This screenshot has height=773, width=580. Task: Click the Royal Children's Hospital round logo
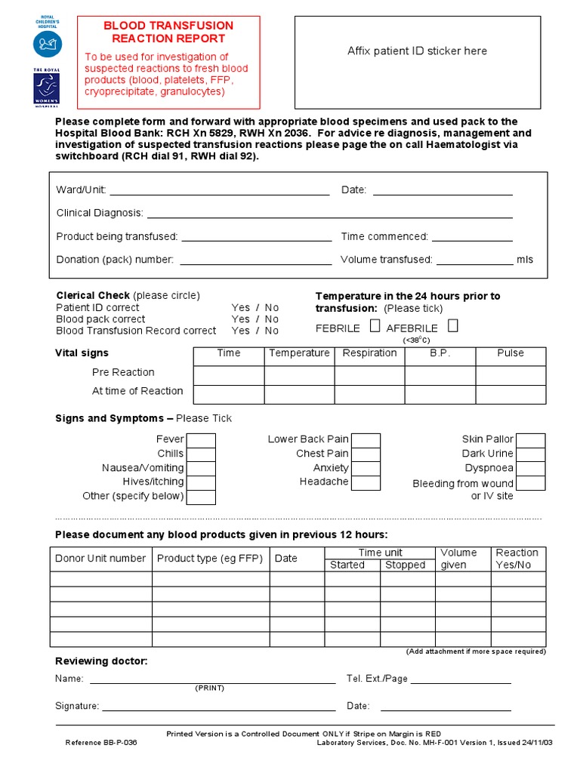point(43,43)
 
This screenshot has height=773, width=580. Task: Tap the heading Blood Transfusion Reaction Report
point(168,32)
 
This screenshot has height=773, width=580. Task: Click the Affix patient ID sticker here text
point(417,51)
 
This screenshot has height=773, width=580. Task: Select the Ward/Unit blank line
point(220,193)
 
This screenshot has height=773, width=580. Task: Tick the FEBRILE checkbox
point(375,327)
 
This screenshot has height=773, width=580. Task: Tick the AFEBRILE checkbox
point(452,327)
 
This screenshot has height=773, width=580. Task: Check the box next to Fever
point(201,440)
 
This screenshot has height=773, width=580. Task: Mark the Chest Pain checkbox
point(366,454)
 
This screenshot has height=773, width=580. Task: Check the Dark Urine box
point(530,454)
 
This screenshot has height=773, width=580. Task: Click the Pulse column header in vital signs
point(511,353)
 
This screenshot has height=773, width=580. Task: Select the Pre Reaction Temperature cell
point(299,375)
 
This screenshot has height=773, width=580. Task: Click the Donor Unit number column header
point(100,559)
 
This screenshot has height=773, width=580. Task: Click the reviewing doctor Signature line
point(219,709)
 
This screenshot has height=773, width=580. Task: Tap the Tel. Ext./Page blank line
point(460,682)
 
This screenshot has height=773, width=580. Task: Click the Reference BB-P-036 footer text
point(101,743)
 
